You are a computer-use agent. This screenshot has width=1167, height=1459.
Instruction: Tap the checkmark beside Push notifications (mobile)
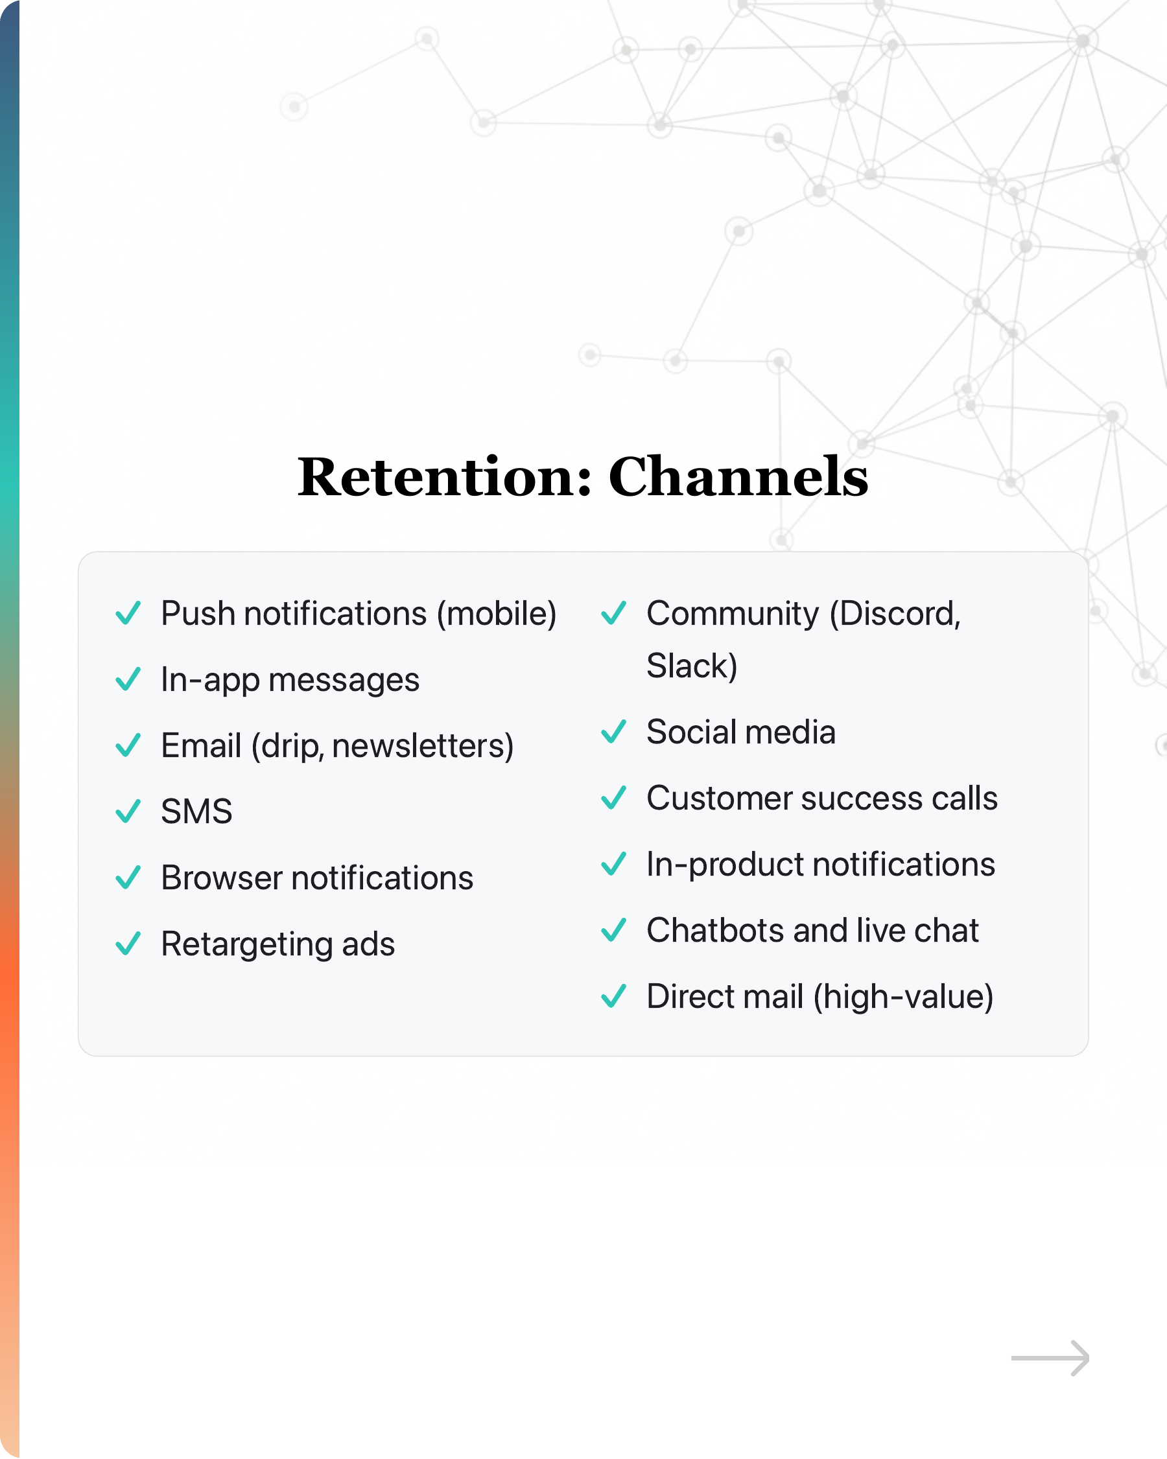(x=128, y=613)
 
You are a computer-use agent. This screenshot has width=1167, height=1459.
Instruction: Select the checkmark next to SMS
(x=128, y=811)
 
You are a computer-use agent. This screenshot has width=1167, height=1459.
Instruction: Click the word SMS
(x=196, y=811)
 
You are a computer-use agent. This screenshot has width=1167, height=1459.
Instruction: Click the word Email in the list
(x=201, y=745)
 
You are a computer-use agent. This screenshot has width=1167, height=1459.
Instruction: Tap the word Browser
(x=221, y=878)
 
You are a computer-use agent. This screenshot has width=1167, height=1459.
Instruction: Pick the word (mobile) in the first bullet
(x=496, y=614)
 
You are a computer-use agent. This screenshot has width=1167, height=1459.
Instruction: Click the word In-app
(x=210, y=680)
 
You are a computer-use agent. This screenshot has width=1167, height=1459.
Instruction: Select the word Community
(x=733, y=614)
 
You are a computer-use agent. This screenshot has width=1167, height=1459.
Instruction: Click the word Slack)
(x=692, y=666)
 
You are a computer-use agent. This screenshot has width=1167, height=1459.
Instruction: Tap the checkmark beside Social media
(x=614, y=732)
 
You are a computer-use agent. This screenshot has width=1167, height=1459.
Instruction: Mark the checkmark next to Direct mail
(x=614, y=996)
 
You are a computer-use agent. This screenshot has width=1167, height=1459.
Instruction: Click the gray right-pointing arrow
(x=1050, y=1357)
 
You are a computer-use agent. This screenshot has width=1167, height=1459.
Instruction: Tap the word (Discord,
(x=895, y=614)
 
